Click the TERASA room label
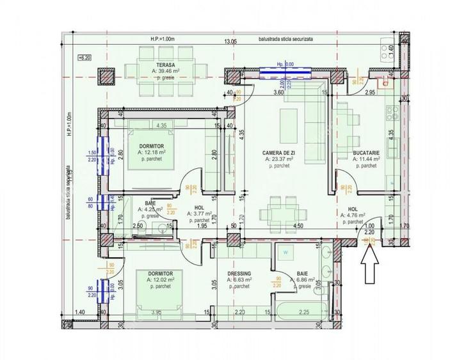[x=165, y=65]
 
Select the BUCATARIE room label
[x=366, y=153]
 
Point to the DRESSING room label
[x=239, y=274]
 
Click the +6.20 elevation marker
[x=85, y=58]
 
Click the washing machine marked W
[x=285, y=253]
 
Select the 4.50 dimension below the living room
[x=298, y=226]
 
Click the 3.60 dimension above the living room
[x=278, y=93]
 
